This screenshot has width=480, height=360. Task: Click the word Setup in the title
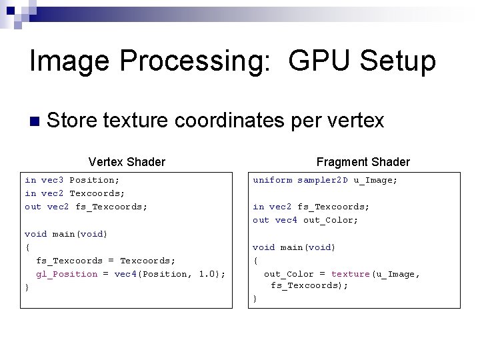tap(397, 62)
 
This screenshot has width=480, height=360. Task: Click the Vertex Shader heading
tap(127, 161)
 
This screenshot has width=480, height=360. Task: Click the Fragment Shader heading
tap(363, 161)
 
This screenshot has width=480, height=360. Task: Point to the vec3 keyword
tap(53, 180)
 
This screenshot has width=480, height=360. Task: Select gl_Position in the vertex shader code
tap(67, 274)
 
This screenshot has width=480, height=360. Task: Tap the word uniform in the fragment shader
tap(272, 180)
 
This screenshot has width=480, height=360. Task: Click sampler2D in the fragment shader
tap(323, 180)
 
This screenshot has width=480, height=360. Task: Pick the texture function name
tap(350, 274)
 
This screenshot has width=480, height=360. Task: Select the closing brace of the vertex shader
tap(27, 287)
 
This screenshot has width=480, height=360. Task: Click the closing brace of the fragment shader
tap(255, 299)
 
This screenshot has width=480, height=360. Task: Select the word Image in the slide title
tap(67, 62)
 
